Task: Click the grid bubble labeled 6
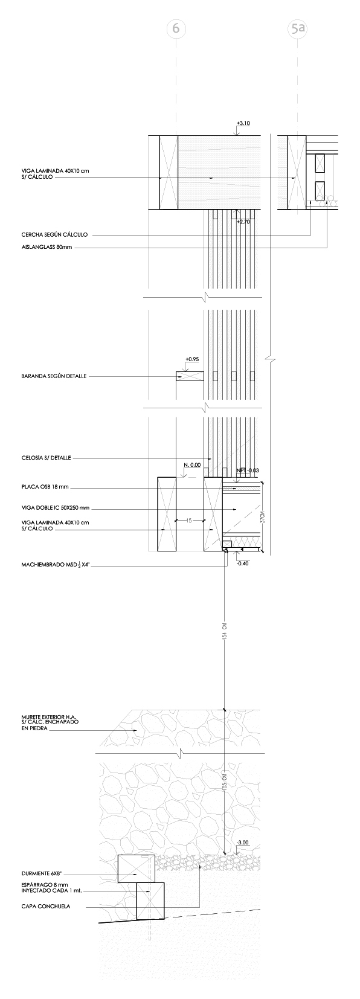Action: pos(176,28)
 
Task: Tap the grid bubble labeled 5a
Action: pos(297,28)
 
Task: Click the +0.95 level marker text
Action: pos(193,359)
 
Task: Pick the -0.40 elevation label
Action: pos(242,563)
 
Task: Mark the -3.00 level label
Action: pos(243,843)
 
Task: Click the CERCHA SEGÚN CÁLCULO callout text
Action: pos(55,234)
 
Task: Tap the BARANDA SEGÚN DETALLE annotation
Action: pos(54,376)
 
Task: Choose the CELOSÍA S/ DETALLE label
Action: pos(46,458)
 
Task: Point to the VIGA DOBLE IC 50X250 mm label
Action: pos(55,508)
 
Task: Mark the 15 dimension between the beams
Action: pos(189,519)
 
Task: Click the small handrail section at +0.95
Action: pos(190,376)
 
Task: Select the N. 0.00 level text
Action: pos(192,465)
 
